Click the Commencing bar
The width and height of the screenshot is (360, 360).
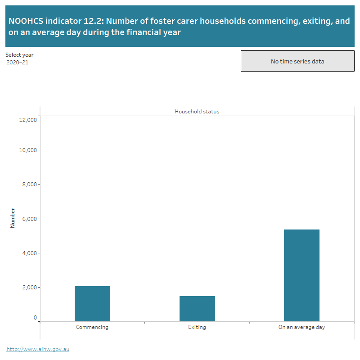coord(92,304)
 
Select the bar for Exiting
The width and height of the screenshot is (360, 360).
coord(197,309)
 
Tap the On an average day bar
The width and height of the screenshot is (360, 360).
coord(301,275)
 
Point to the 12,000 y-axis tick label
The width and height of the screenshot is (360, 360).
coord(28,120)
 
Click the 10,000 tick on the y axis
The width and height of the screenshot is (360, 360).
coord(28,150)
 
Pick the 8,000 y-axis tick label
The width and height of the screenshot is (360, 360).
coord(29,184)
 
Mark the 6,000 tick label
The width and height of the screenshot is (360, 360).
coord(29,219)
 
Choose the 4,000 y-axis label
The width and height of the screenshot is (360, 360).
coord(29,253)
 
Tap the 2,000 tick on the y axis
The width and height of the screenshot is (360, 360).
coord(29,287)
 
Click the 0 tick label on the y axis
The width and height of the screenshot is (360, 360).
coord(35,318)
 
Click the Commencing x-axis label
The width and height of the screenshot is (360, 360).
coord(92,327)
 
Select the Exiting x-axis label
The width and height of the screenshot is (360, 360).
coord(197,327)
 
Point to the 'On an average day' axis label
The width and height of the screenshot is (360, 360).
coord(301,327)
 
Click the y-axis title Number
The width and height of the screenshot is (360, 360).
coord(13,217)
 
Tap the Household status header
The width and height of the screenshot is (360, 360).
coord(197,111)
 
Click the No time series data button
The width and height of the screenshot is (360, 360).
coord(297,61)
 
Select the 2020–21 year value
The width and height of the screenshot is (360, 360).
coord(18,63)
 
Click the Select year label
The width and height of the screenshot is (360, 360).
coord(19,55)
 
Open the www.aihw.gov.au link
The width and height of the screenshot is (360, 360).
coord(38,349)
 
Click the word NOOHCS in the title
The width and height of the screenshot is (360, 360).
coord(26,21)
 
